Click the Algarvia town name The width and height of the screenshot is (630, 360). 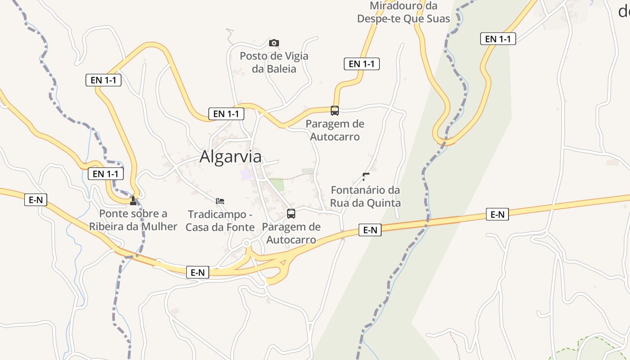coord(230,157)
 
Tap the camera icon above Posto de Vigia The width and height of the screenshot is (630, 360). coord(274,43)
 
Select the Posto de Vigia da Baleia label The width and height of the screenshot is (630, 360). coord(274,63)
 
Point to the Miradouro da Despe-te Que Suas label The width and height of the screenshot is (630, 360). coord(403,13)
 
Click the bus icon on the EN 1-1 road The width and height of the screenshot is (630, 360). coord(334,111)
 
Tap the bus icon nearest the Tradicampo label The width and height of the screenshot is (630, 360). coord(291,214)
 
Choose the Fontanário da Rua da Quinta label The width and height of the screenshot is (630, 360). coord(365,197)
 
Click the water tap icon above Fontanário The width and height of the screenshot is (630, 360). coord(365,177)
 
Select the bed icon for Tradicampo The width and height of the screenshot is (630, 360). coord(220,201)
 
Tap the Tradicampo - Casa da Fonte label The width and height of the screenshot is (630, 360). coord(220,220)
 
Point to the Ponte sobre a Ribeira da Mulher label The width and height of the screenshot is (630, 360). coord(133,220)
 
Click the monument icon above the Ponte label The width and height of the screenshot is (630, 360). coord(133,201)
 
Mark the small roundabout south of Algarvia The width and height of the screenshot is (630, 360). coord(246,243)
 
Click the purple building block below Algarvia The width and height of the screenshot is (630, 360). coord(245,175)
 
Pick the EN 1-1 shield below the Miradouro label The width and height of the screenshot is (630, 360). coord(362,64)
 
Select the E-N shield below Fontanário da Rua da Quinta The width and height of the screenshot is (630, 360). coord(370,230)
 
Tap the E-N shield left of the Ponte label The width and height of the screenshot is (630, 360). coord(36,200)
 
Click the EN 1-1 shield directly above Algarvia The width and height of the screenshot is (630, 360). coord(226,114)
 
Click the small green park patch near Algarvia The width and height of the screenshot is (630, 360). coord(277,184)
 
